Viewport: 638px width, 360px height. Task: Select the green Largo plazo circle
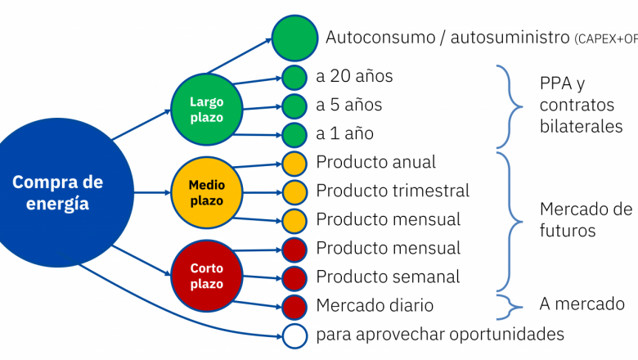click(x=206, y=110)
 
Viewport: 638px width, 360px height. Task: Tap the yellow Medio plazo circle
click(x=206, y=193)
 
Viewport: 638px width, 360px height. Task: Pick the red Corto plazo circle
click(x=206, y=276)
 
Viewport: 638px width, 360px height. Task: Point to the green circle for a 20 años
click(x=294, y=77)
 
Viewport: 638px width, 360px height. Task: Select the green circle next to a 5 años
click(x=294, y=106)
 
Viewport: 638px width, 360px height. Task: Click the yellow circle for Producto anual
click(x=294, y=163)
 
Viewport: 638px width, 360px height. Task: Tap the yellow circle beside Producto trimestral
click(x=294, y=191)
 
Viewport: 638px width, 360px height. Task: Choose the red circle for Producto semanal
click(x=294, y=277)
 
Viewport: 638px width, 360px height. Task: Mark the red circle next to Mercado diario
click(x=294, y=306)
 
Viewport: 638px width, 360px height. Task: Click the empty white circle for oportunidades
click(x=294, y=335)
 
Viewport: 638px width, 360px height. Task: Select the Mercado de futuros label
click(x=585, y=219)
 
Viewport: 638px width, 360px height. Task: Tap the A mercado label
click(x=582, y=304)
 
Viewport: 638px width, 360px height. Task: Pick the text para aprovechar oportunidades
click(x=440, y=335)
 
